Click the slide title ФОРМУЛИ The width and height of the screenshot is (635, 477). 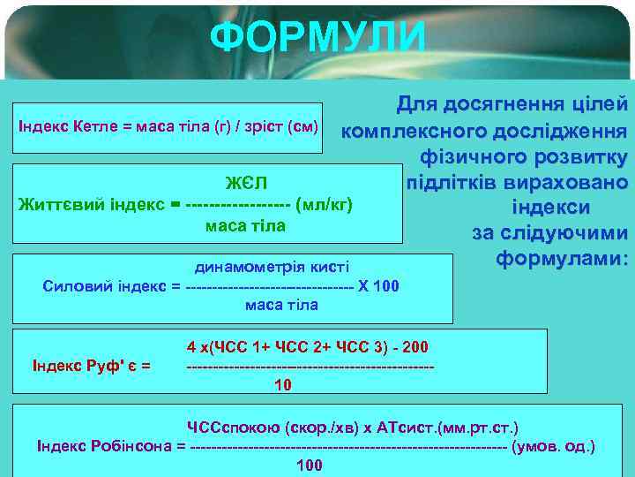click(318, 37)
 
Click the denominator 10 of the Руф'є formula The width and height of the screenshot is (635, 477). click(283, 385)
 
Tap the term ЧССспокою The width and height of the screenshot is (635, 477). click(236, 428)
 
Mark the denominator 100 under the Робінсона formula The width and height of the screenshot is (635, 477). click(309, 466)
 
